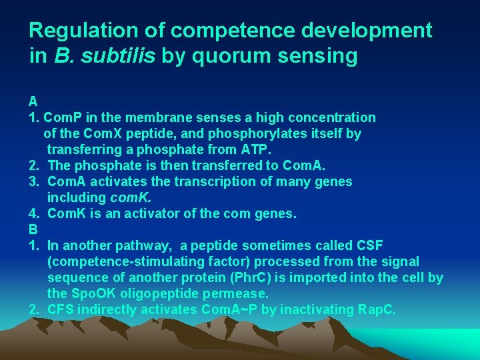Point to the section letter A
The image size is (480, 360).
[33, 102]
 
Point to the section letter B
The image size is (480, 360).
[33, 229]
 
